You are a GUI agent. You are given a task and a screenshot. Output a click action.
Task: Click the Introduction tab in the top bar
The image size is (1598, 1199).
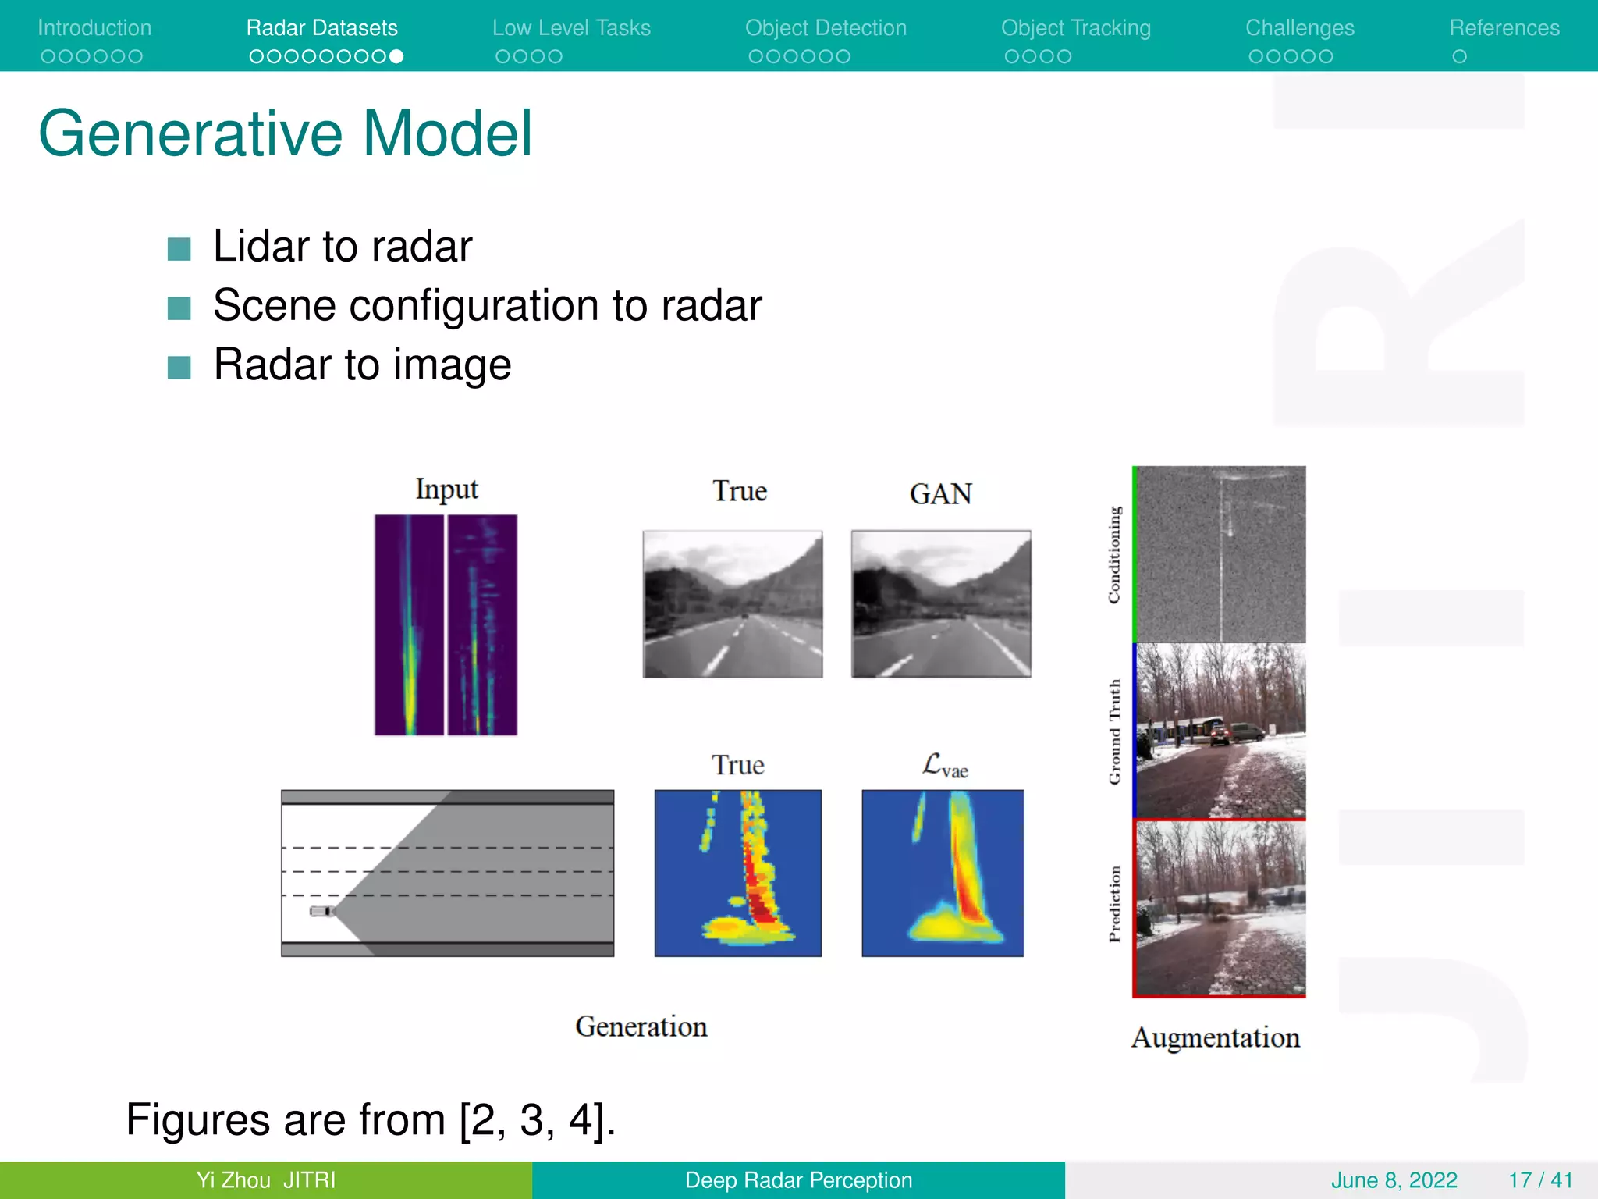(x=94, y=28)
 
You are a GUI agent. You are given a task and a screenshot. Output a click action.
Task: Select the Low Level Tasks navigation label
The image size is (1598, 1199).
(x=571, y=28)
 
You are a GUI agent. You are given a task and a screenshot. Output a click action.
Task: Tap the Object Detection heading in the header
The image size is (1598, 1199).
(x=826, y=28)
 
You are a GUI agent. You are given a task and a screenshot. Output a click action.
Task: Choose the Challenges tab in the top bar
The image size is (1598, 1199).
(x=1299, y=28)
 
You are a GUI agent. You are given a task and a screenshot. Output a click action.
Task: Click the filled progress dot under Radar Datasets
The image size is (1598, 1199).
(x=396, y=56)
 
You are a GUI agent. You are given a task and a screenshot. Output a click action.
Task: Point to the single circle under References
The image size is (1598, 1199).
(x=1459, y=56)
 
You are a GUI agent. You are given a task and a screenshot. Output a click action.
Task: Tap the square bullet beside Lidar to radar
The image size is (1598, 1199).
(x=179, y=249)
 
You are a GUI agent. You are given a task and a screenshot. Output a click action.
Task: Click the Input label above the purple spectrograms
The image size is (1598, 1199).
(x=446, y=489)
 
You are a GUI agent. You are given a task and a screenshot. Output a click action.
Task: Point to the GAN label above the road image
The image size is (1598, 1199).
(x=940, y=494)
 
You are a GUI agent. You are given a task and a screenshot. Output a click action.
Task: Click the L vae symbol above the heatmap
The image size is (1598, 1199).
(x=944, y=766)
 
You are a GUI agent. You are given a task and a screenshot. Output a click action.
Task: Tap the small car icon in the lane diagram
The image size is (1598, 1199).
(x=321, y=911)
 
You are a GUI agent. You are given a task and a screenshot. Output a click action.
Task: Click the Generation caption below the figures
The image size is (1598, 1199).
(x=641, y=1026)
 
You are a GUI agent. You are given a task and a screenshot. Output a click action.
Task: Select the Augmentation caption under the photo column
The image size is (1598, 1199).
(x=1215, y=1037)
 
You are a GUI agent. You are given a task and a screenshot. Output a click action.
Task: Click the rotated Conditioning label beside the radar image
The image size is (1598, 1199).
(x=1114, y=554)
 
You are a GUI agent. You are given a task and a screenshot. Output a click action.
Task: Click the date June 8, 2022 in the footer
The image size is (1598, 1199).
(x=1394, y=1180)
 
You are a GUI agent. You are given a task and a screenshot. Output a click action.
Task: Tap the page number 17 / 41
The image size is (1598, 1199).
(x=1539, y=1180)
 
